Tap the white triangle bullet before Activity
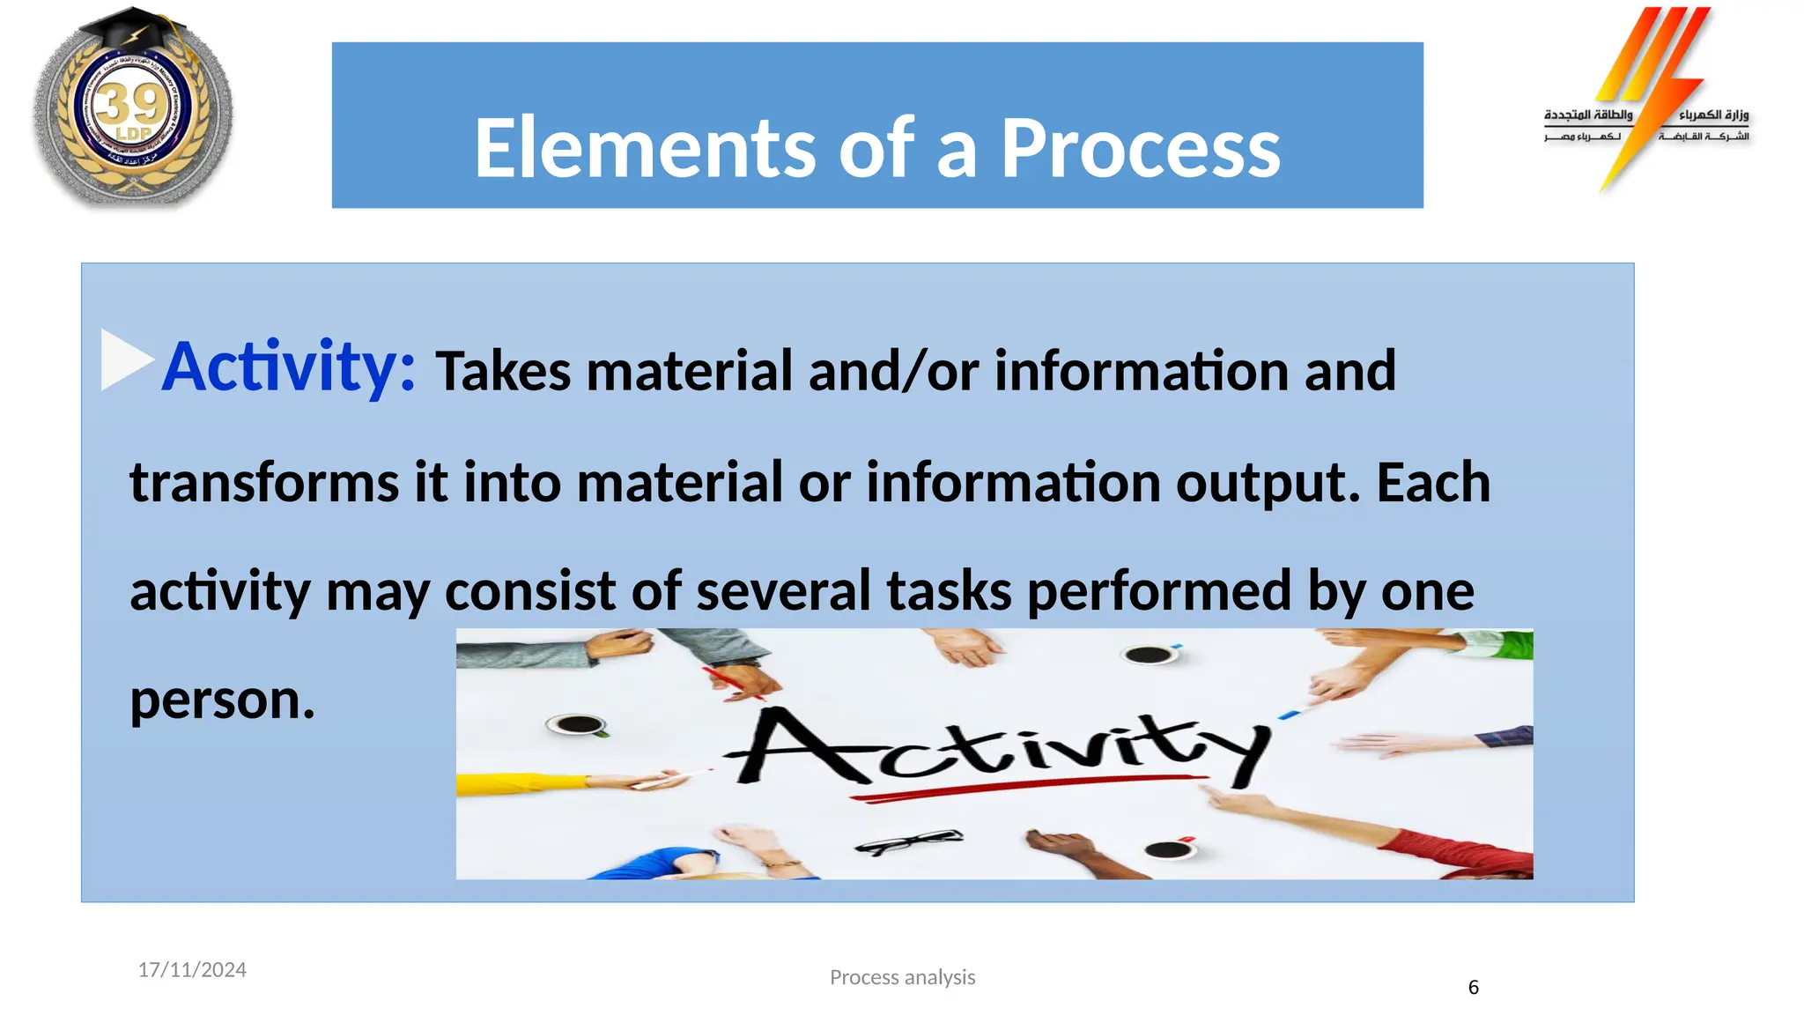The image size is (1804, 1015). pyautogui.click(x=125, y=359)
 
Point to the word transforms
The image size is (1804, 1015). pyautogui.click(x=264, y=483)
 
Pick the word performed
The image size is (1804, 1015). pyautogui.click(x=1158, y=590)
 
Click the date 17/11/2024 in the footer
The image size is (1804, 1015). pyautogui.click(x=192, y=970)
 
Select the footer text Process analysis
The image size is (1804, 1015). pyautogui.click(x=902, y=977)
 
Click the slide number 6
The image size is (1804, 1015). pyautogui.click(x=1473, y=988)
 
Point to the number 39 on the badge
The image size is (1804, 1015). pyautogui.click(x=131, y=104)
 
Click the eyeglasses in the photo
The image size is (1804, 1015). pyautogui.click(x=908, y=842)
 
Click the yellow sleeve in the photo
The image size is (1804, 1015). pyautogui.click(x=520, y=782)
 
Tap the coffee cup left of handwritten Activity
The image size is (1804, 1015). pyautogui.click(x=577, y=725)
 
